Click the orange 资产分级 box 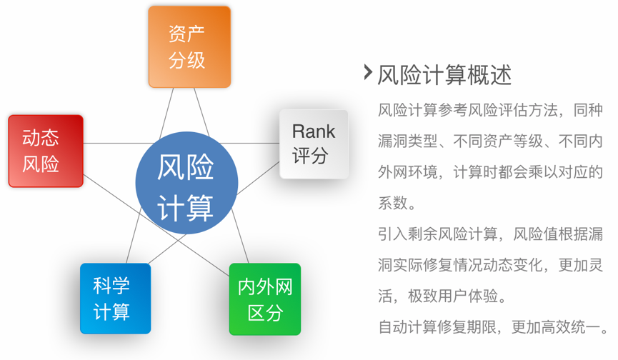[x=189, y=46]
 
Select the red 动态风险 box [x=45, y=151]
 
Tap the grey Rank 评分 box [x=313, y=144]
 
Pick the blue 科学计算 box [x=115, y=299]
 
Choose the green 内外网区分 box [x=264, y=299]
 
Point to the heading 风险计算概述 [x=444, y=74]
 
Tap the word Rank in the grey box [x=313, y=131]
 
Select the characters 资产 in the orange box [x=187, y=33]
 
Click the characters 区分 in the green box [x=264, y=312]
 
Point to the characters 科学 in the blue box [x=111, y=286]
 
